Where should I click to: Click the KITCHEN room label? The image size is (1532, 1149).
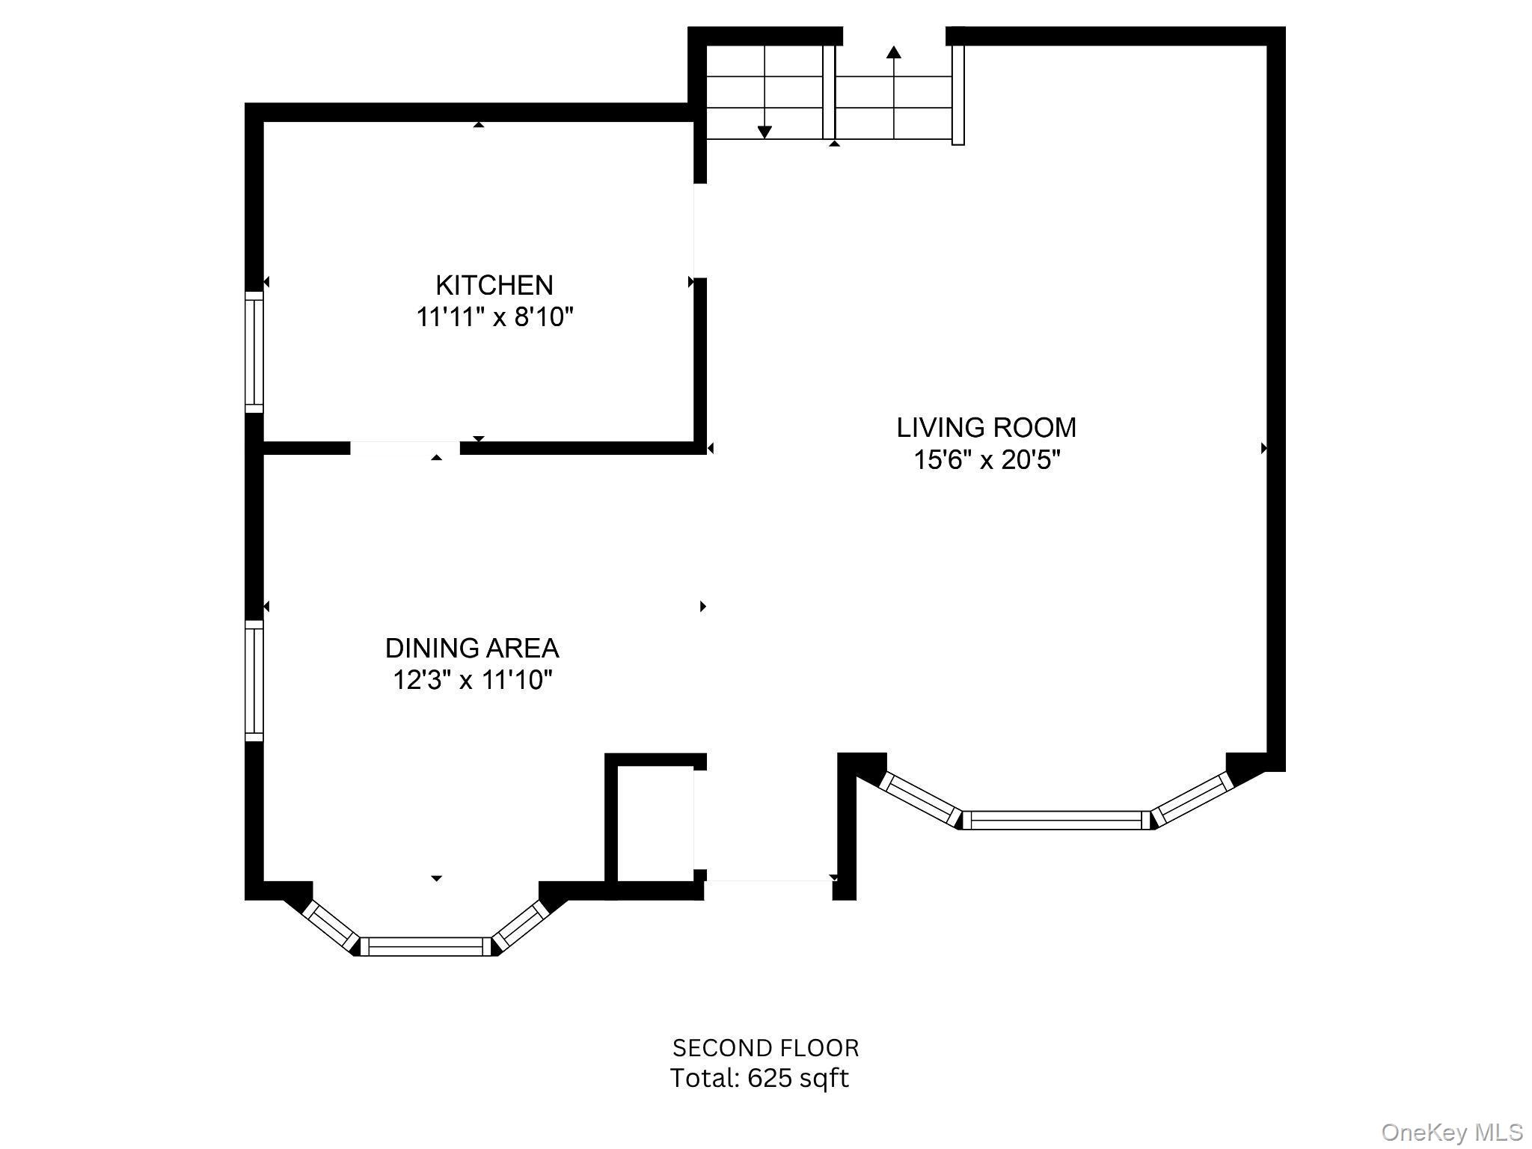point(494,285)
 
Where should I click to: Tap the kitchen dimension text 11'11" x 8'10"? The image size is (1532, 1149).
point(494,317)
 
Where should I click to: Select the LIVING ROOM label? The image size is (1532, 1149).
point(986,427)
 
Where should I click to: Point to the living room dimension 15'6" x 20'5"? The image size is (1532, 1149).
point(986,459)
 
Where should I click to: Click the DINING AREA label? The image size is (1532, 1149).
point(471,648)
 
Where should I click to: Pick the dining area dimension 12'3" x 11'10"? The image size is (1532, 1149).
point(471,680)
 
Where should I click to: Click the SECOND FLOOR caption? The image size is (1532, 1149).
point(765,1047)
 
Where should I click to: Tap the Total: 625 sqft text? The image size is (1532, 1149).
point(759,1078)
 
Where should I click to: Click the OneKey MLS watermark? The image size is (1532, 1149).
point(1451,1132)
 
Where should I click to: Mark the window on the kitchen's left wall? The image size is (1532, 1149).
point(254,352)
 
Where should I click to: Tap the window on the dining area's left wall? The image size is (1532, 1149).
point(254,680)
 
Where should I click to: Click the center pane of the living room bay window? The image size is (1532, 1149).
point(1055,820)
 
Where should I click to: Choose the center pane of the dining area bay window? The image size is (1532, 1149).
point(426,946)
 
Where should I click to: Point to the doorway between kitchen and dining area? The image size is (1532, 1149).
point(405,448)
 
